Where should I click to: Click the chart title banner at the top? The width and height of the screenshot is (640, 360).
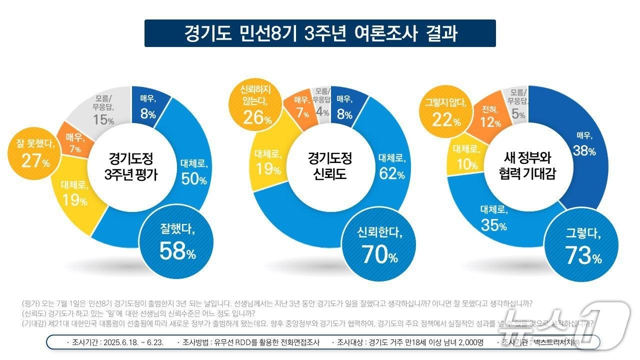click(320, 33)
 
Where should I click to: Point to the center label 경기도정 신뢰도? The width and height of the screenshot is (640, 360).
click(329, 166)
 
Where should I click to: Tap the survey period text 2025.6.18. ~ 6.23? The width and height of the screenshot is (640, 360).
click(118, 342)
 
